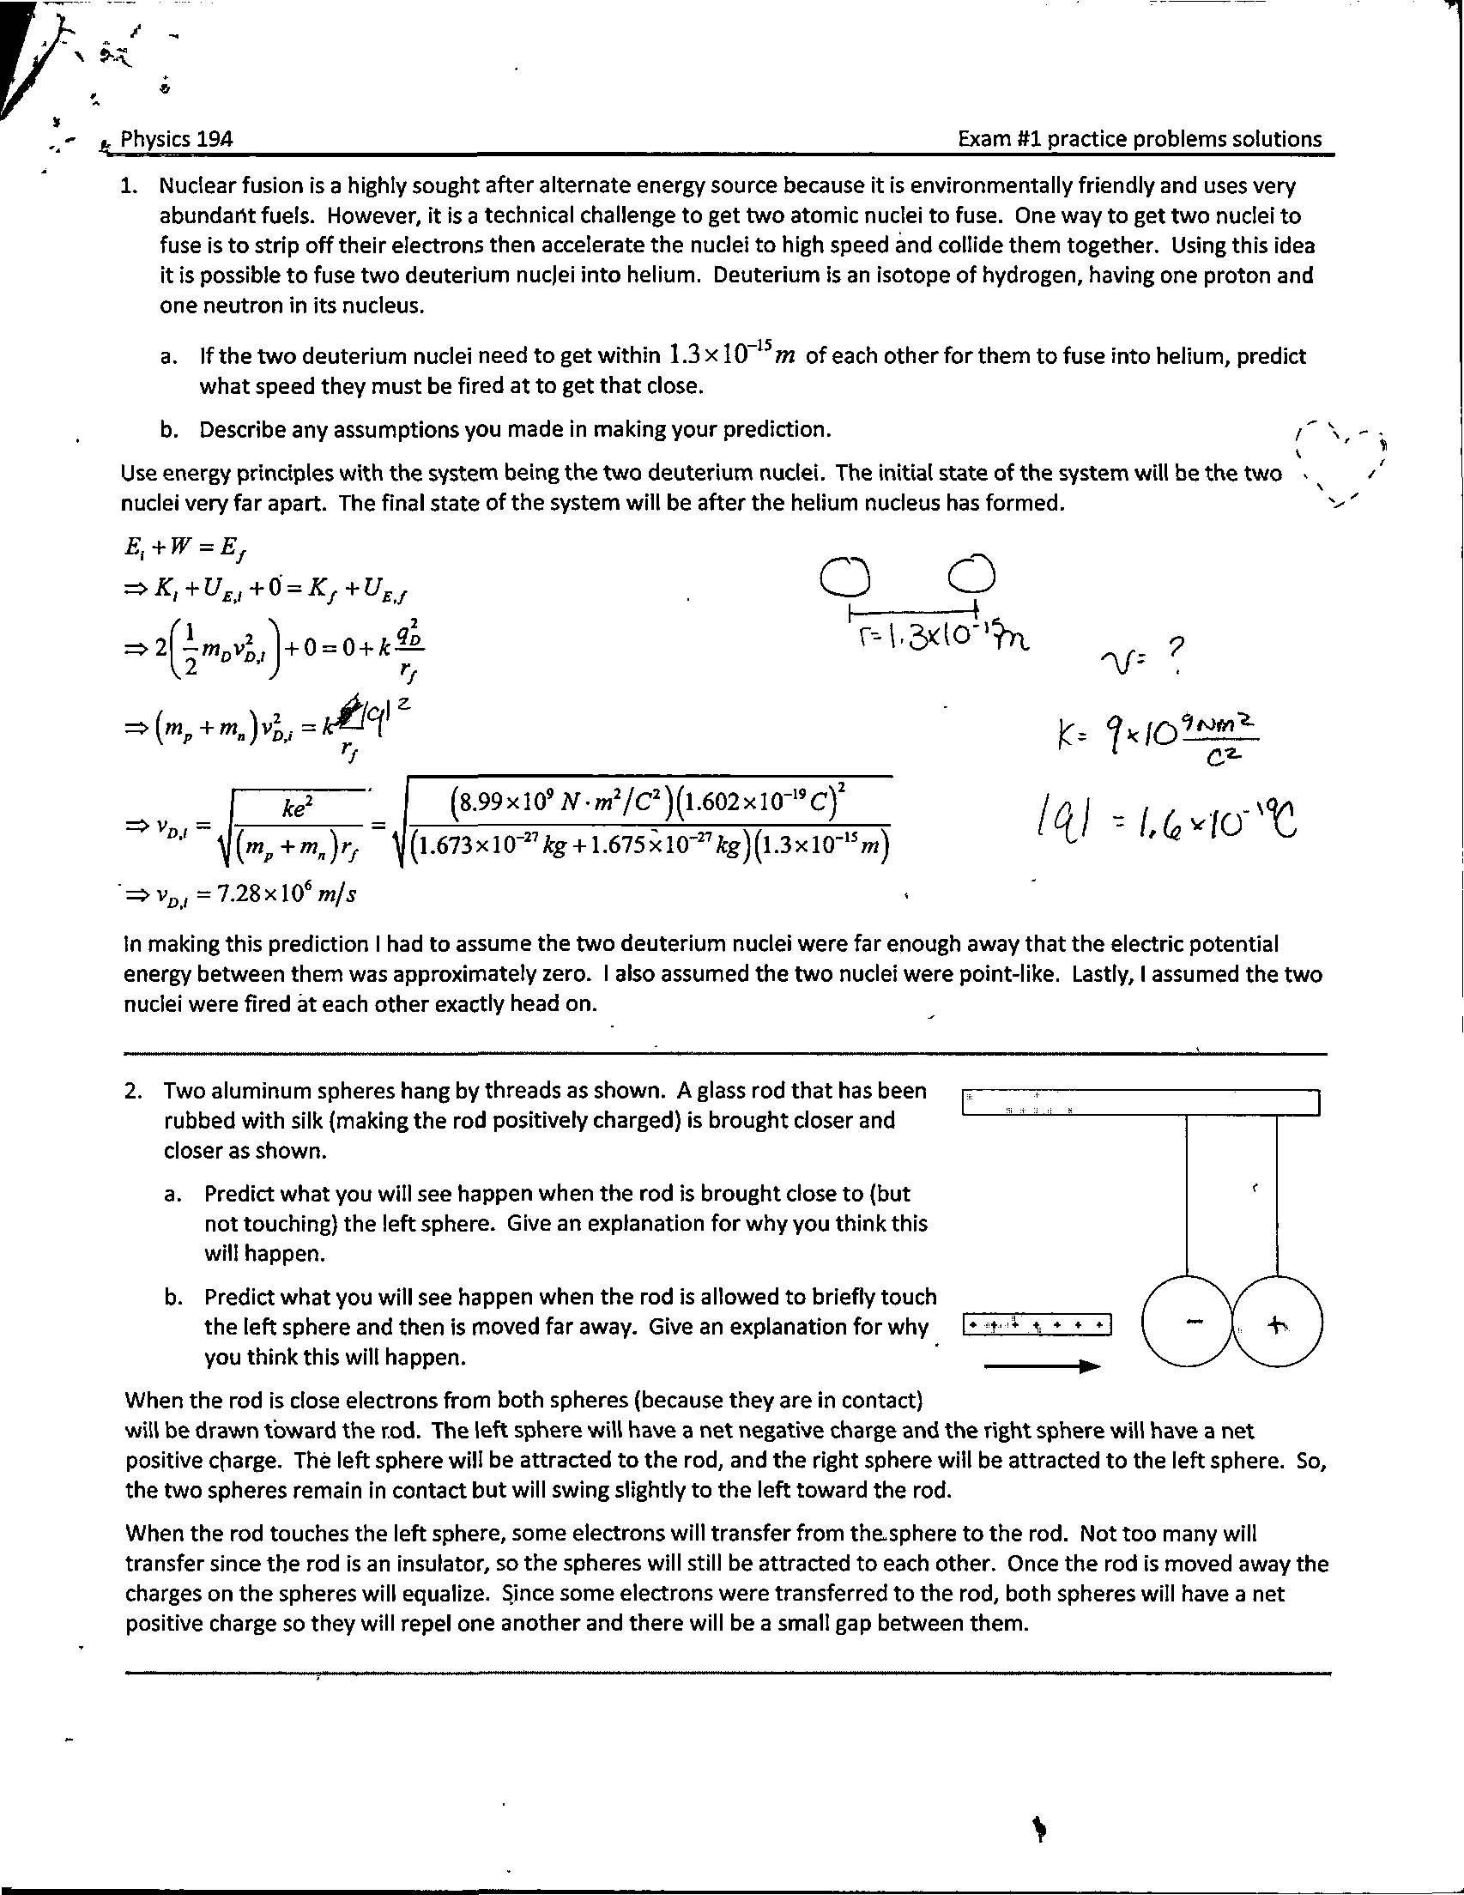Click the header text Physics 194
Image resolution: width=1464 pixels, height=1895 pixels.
(176, 139)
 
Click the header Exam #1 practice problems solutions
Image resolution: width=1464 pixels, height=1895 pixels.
(1140, 139)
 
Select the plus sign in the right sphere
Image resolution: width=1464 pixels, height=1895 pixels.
(1276, 1325)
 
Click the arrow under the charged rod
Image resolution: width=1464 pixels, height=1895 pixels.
(1042, 1366)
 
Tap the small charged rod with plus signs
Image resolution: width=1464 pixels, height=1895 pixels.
(1037, 1325)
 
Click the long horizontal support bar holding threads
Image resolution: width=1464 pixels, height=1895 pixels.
(1140, 1103)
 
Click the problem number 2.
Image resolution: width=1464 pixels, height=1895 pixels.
(132, 1091)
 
